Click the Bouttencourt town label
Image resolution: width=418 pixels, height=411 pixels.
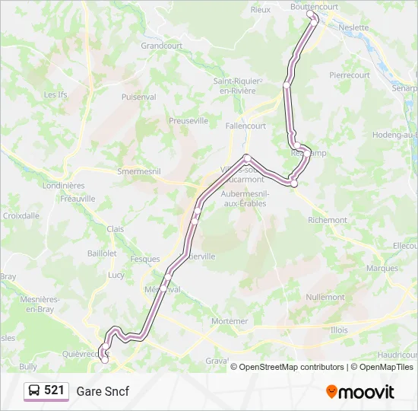pyautogui.click(x=314, y=6)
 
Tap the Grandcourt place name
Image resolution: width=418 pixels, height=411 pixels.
pyautogui.click(x=162, y=46)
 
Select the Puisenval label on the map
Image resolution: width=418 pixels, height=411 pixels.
pyautogui.click(x=138, y=97)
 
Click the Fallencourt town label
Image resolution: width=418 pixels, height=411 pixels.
pyautogui.click(x=245, y=126)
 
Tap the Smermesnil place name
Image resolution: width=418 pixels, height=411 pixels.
pyautogui.click(x=139, y=172)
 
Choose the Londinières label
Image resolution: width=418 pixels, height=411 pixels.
pyautogui.click(x=64, y=186)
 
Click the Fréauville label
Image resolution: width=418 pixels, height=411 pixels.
pyautogui.click(x=78, y=199)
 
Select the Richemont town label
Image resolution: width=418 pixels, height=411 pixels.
pyautogui.click(x=328, y=220)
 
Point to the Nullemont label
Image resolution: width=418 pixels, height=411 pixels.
pyautogui.click(x=325, y=298)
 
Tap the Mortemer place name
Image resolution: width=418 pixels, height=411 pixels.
pyautogui.click(x=230, y=321)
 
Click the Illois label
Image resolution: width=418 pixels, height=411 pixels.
pyautogui.click(x=339, y=330)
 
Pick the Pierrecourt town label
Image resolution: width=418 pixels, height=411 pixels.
pyautogui.click(x=350, y=75)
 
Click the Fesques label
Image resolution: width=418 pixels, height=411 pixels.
pyautogui.click(x=144, y=259)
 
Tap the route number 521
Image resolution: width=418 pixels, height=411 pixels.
pyautogui.click(x=54, y=390)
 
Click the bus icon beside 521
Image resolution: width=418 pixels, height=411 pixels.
pyautogui.click(x=35, y=391)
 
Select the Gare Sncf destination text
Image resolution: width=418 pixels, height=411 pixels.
pyautogui.click(x=103, y=391)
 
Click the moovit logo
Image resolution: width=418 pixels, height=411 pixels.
pyautogui.click(x=360, y=392)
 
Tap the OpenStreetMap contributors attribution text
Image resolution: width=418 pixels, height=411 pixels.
pyautogui.click(x=291, y=367)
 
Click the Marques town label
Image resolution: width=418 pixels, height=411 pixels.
pyautogui.click(x=382, y=269)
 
